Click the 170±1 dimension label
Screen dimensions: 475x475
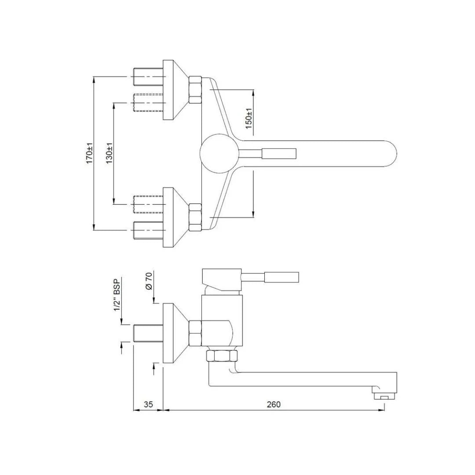pos(89,153)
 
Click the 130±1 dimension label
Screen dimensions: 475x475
pos(109,153)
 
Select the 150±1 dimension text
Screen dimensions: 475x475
pos(248,118)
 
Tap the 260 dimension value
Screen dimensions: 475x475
pos(274,404)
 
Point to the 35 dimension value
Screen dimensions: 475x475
pos(148,404)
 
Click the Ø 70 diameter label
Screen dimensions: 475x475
pos(149,281)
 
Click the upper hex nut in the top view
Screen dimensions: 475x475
pos(195,90)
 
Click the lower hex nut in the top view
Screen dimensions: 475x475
pos(195,217)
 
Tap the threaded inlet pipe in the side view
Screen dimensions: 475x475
pos(148,333)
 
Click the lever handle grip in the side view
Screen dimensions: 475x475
pos(281,277)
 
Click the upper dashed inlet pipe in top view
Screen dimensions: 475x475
pos(149,102)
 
